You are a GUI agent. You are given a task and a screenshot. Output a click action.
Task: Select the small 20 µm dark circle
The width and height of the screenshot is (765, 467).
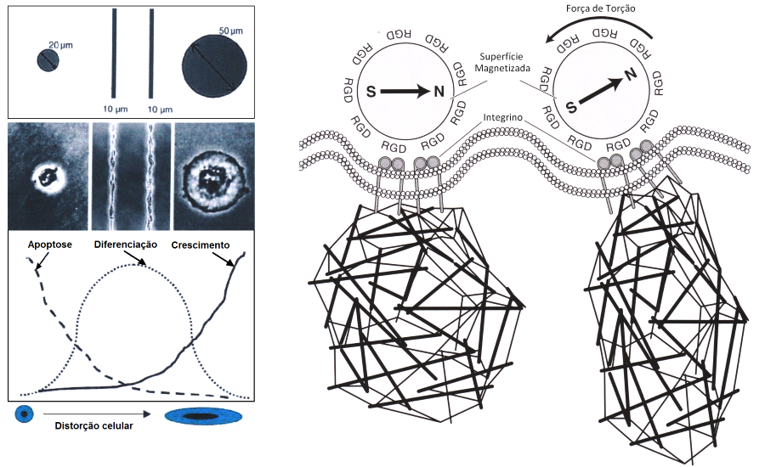click(x=48, y=60)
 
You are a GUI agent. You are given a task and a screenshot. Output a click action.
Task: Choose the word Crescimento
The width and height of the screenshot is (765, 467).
click(x=201, y=245)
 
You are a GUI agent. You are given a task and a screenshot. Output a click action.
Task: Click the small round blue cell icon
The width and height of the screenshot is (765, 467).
click(x=25, y=415)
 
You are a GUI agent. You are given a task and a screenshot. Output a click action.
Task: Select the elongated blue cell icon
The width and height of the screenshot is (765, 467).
click(x=204, y=417)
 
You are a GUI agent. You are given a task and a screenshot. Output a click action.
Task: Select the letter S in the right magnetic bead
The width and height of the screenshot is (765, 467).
click(x=571, y=106)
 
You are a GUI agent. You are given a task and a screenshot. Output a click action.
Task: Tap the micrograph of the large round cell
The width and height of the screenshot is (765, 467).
click(x=215, y=175)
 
